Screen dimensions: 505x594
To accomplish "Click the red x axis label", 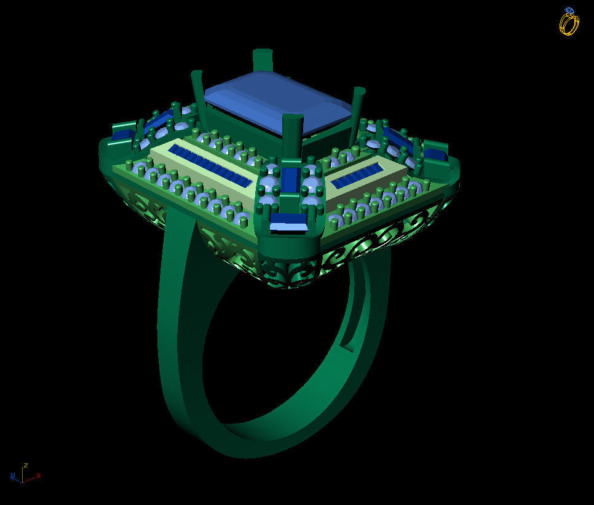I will click(39, 475).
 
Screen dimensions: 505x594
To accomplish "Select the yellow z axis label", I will click(25, 466).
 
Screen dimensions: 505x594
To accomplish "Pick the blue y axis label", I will click(12, 476).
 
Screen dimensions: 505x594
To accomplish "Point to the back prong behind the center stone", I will click(263, 60).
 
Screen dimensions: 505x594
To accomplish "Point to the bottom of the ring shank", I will click(246, 445).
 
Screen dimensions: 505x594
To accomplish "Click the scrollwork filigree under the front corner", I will click(289, 270).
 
